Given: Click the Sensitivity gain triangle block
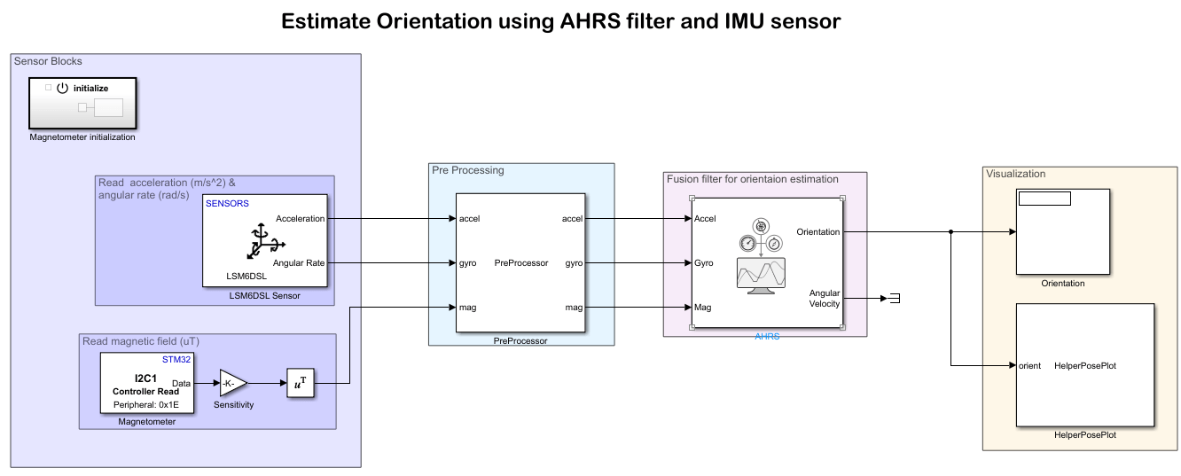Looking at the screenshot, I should (x=232, y=384).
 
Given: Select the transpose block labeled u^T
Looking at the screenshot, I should (x=300, y=384).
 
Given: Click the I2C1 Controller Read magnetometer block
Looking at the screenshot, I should (x=147, y=383).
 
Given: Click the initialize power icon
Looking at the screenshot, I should (x=62, y=89).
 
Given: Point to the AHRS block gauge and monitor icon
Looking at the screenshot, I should (x=761, y=256).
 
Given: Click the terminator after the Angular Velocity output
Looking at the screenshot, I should (x=895, y=299).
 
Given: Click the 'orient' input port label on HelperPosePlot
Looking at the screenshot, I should (x=1029, y=365).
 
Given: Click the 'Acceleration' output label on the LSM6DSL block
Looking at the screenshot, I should (x=300, y=218).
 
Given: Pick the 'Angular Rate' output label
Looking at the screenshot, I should (x=299, y=262).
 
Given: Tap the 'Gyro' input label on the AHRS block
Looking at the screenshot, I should (x=705, y=263).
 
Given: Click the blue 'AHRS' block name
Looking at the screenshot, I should (x=767, y=337).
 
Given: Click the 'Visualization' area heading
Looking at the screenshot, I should (x=1015, y=174).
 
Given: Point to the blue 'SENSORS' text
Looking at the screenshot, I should (x=227, y=203).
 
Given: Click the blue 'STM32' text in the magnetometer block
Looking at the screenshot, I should (x=176, y=360).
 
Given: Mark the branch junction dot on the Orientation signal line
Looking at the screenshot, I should (x=950, y=232).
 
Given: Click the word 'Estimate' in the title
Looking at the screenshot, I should (x=323, y=21).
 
